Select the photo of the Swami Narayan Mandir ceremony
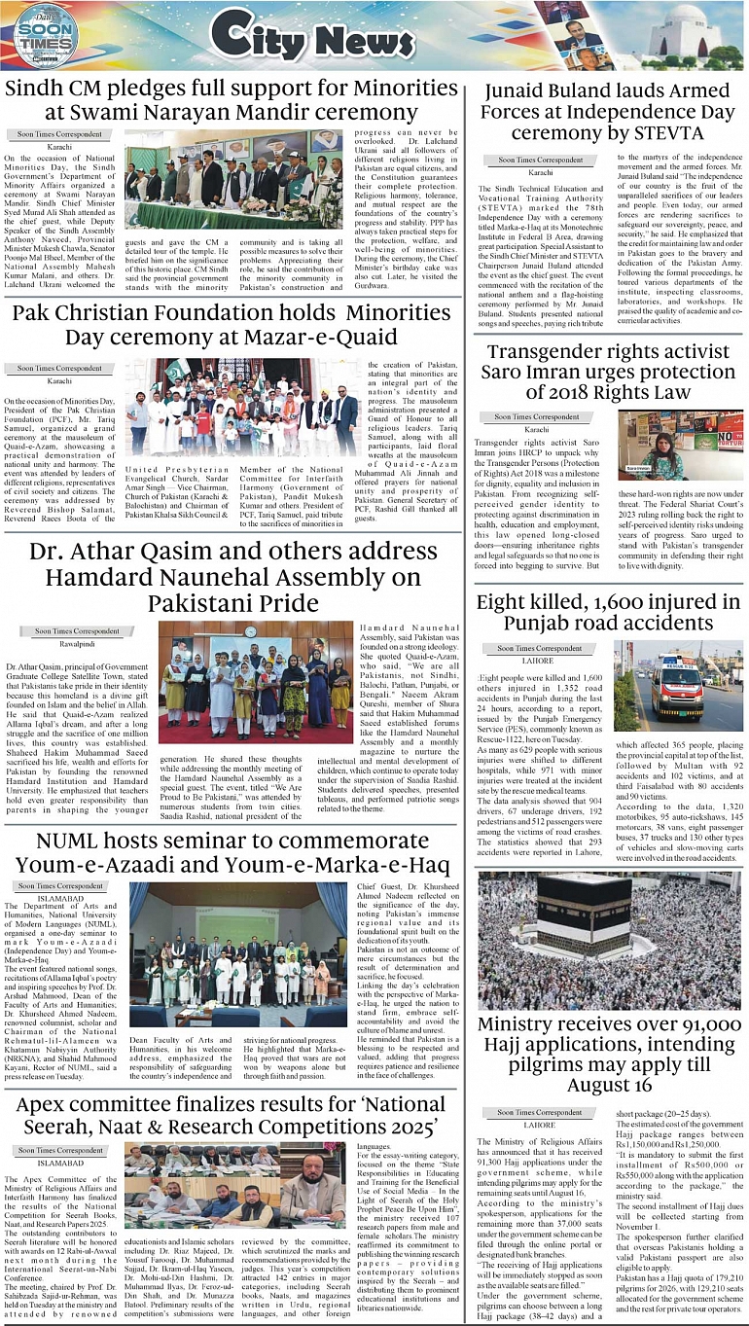tap(234, 181)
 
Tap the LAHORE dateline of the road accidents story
tap(539, 660)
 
